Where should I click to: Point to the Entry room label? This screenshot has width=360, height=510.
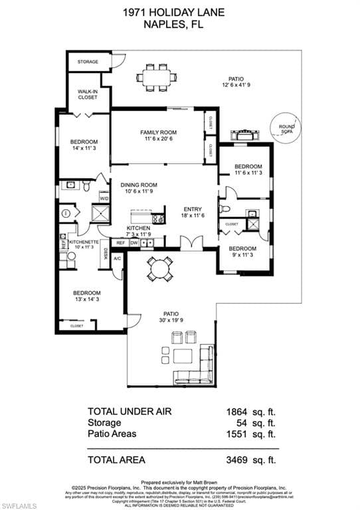(x=193, y=212)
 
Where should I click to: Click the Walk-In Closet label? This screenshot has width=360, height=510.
(x=88, y=94)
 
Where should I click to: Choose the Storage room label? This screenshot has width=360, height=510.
(x=88, y=62)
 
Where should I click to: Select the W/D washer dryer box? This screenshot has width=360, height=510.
(x=104, y=198)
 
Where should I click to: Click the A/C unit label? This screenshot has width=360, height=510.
(x=117, y=258)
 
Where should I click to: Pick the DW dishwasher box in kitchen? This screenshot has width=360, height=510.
(x=134, y=243)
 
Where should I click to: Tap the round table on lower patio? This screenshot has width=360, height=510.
(x=159, y=269)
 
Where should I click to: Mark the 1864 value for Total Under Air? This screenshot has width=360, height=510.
(x=239, y=412)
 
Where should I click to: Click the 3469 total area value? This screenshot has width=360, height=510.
(x=239, y=459)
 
